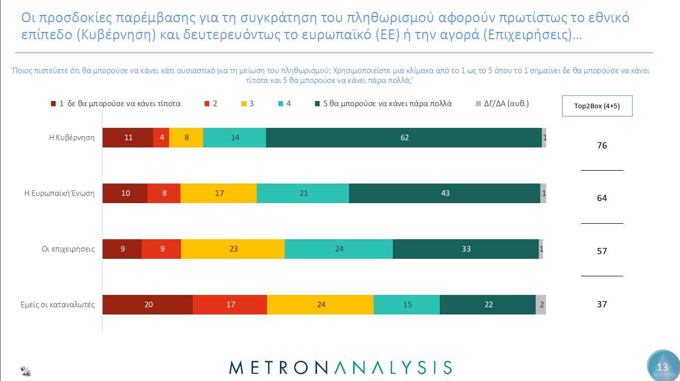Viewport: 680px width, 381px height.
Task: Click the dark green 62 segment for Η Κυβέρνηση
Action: pyautogui.click(x=404, y=138)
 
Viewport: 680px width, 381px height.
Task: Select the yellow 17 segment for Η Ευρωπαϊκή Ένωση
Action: pyautogui.click(x=219, y=193)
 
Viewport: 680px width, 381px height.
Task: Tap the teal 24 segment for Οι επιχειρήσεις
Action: pyautogui.click(x=339, y=249)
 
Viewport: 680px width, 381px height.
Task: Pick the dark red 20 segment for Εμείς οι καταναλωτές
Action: pyautogui.click(x=148, y=305)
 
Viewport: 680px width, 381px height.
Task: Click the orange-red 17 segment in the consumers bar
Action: pyautogui.click(x=230, y=305)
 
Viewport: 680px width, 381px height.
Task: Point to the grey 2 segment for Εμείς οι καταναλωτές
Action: pyautogui.click(x=541, y=305)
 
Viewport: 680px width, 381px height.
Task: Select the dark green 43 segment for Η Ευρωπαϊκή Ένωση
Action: pyautogui.click(x=444, y=193)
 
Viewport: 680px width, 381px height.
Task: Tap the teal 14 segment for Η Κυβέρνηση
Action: pyautogui.click(x=235, y=138)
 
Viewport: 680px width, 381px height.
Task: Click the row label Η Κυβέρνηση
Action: pyautogui.click(x=72, y=138)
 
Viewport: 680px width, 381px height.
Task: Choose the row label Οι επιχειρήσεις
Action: pyautogui.click(x=69, y=249)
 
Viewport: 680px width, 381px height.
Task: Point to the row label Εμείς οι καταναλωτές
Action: pyautogui.click(x=54, y=305)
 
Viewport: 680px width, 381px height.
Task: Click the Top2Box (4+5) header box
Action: pyautogui.click(x=596, y=106)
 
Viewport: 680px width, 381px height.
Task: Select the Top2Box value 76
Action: pyautogui.click(x=602, y=146)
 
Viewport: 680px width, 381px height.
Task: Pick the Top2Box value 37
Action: pyautogui.click(x=602, y=305)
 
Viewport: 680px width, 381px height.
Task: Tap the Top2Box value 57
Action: pyautogui.click(x=602, y=252)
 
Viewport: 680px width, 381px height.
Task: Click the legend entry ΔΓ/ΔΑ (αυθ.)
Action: pyautogui.click(x=502, y=104)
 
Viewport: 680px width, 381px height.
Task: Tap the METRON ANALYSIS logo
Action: pyautogui.click(x=340, y=367)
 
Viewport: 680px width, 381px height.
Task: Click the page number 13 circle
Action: pyautogui.click(x=662, y=367)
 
